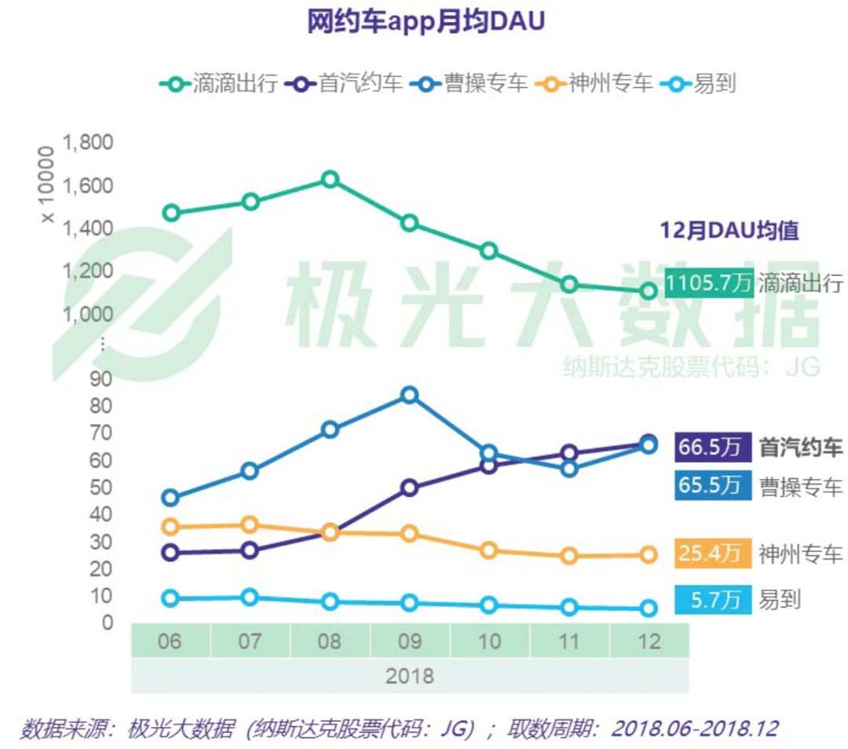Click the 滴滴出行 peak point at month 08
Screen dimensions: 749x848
pyautogui.click(x=330, y=179)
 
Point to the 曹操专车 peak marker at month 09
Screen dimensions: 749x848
pyautogui.click(x=409, y=394)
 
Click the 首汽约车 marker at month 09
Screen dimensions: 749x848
pyautogui.click(x=409, y=488)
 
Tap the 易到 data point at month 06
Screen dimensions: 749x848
pyautogui.click(x=170, y=597)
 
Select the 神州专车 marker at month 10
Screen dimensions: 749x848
pyautogui.click(x=489, y=550)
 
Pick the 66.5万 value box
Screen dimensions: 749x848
pyautogui.click(x=709, y=448)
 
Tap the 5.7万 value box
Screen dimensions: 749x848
pyautogui.click(x=709, y=601)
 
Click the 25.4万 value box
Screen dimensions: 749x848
pyautogui.click(x=709, y=554)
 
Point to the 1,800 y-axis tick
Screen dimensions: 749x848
pyautogui.click(x=87, y=143)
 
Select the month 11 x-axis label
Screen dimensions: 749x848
pyautogui.click(x=569, y=641)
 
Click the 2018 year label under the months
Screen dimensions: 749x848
pyautogui.click(x=409, y=676)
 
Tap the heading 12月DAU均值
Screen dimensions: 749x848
pyautogui.click(x=729, y=231)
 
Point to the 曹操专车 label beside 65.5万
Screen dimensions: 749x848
pyautogui.click(x=800, y=487)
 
